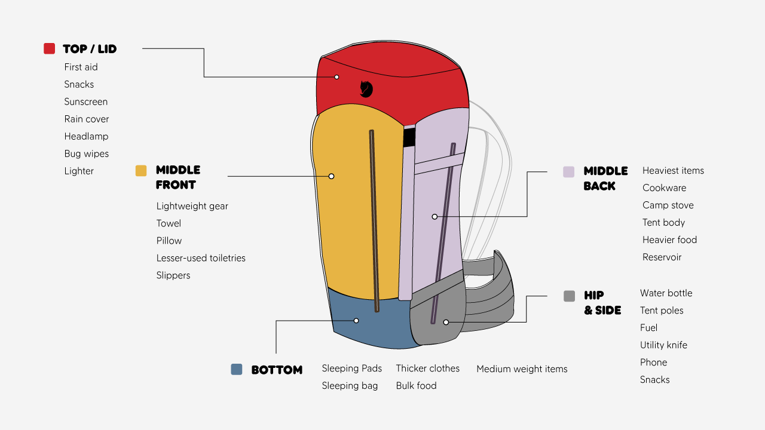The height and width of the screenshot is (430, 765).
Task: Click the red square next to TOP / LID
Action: (49, 48)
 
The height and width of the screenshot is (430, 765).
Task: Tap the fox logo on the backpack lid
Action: (366, 89)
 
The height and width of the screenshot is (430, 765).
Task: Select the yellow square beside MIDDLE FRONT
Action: (141, 171)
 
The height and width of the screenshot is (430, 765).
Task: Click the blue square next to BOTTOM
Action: (236, 369)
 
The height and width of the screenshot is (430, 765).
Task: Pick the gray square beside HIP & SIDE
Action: (569, 296)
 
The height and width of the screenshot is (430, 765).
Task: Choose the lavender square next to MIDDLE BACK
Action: (568, 171)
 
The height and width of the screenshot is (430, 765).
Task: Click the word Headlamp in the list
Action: (87, 136)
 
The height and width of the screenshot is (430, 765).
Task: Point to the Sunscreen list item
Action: (85, 102)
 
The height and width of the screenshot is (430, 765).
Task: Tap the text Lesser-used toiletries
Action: (201, 258)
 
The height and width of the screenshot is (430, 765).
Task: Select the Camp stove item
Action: (668, 205)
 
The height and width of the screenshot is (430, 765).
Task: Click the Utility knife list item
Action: (663, 345)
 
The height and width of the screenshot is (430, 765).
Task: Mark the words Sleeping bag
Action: (350, 386)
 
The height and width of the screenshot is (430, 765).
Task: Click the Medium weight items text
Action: (522, 369)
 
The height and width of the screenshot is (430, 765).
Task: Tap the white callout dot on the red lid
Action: (336, 77)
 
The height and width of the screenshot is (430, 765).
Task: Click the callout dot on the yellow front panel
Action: (331, 176)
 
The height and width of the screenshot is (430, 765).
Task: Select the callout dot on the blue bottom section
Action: (356, 321)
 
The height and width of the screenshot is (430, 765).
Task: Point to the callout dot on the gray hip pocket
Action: (446, 322)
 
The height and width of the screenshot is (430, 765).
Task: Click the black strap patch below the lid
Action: (409, 137)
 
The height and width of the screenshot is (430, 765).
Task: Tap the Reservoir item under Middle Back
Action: (662, 257)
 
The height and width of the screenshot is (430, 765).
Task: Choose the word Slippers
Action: (173, 275)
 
